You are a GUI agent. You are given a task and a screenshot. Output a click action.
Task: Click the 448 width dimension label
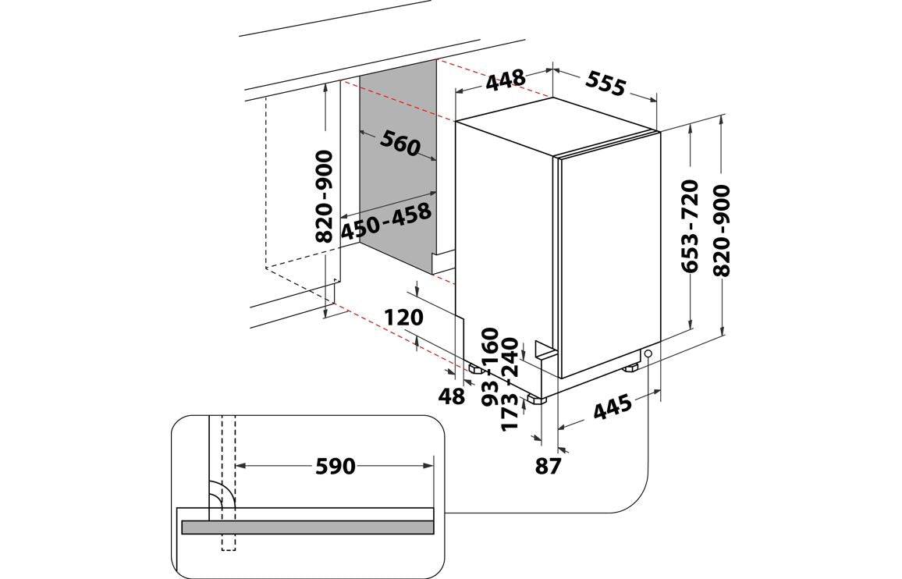[x=506, y=80]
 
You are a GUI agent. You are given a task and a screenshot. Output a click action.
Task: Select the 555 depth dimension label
[x=605, y=83]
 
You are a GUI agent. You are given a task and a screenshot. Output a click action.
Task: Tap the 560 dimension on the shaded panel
[x=400, y=143]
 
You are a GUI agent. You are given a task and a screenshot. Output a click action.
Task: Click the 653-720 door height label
[x=690, y=226]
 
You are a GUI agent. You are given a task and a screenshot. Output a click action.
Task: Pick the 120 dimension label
[x=404, y=317]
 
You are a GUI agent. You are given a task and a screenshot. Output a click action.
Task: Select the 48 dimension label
[x=451, y=396]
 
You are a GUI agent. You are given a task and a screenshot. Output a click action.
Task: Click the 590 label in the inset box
[x=336, y=466]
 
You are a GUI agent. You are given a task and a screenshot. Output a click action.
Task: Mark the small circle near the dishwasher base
[x=648, y=353]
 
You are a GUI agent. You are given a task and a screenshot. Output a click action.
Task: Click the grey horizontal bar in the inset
[x=307, y=527]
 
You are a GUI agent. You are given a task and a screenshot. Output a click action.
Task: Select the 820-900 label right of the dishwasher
[x=721, y=230]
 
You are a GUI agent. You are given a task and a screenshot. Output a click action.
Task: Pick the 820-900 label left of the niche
[x=325, y=197]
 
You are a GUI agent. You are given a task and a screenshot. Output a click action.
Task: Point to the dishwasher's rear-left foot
[x=476, y=368]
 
